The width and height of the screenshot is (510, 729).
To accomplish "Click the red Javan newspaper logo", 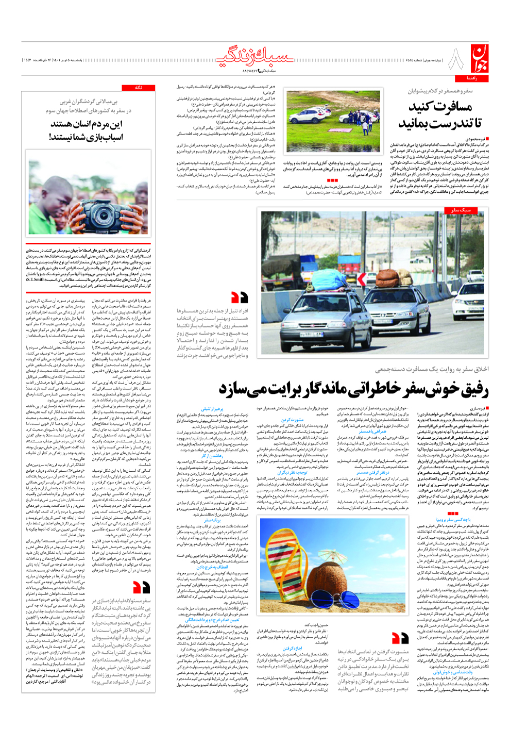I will point(479,59).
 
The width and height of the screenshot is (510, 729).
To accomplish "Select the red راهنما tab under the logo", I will point(472,78).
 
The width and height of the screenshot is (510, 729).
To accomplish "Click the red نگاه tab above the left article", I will point(139,88).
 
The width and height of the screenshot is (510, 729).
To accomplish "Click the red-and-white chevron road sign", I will point(363,279).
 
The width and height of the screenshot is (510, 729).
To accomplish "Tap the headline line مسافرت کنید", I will point(440,107).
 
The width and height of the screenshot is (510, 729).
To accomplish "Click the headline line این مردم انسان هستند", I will point(86,124).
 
